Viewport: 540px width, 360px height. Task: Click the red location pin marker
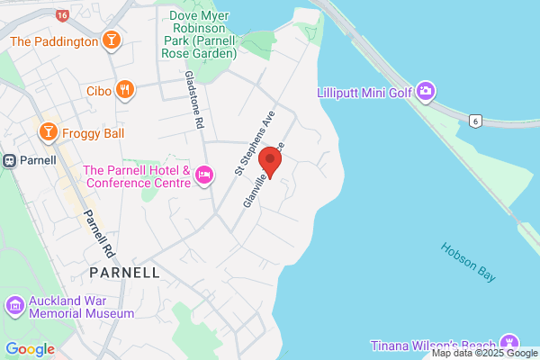pos(270,163)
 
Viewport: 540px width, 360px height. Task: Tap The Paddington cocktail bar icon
pos(112,40)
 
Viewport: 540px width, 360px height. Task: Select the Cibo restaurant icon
pos(125,90)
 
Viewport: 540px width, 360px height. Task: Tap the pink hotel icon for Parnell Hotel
pos(204,175)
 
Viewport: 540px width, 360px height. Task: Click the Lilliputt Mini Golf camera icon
pos(427,91)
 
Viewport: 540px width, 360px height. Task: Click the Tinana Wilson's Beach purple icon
pos(510,343)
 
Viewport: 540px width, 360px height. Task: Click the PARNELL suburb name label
pos(125,272)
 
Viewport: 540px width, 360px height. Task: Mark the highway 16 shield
pos(61,15)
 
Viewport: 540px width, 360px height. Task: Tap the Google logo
pos(30,349)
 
